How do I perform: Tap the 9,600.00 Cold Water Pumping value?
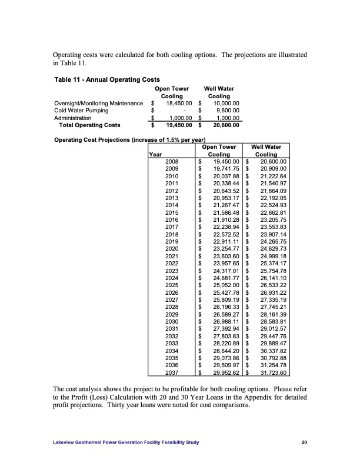click(x=226, y=110)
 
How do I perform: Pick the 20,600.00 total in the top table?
click(x=224, y=125)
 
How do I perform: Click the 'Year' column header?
click(x=156, y=154)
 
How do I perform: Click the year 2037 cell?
click(x=172, y=372)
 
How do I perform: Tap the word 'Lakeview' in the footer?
click(x=65, y=443)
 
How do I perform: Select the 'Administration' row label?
click(x=74, y=118)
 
